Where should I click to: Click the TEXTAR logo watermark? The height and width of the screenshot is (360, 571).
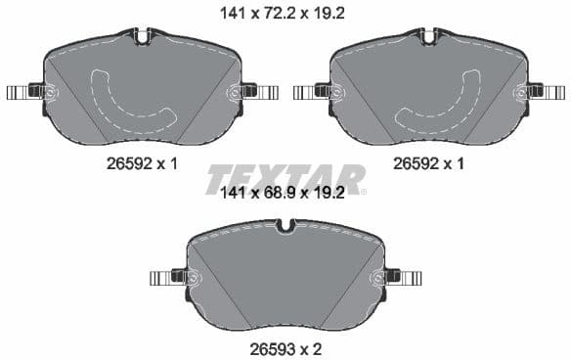(x=285, y=178)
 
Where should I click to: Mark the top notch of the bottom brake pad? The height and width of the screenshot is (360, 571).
(x=285, y=227)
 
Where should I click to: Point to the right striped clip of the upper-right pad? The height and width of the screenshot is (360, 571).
(x=552, y=93)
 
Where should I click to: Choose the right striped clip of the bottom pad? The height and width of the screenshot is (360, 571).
(x=410, y=278)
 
